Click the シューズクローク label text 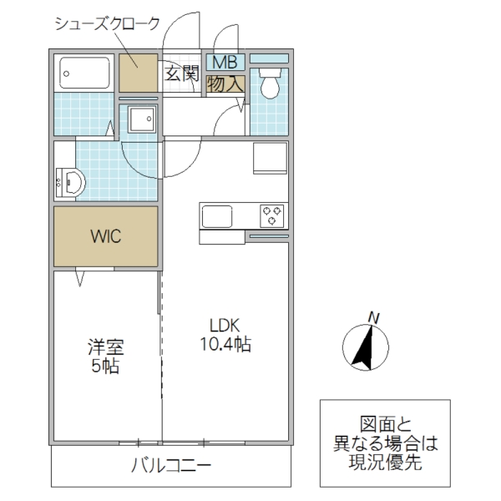[x=106, y=23]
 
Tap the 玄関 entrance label [x=180, y=73]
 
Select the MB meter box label [x=225, y=61]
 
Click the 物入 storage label [x=225, y=83]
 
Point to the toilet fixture [x=269, y=83]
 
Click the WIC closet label [x=106, y=236]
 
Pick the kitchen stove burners [x=272, y=215]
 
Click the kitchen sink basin [x=219, y=215]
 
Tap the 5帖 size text [x=106, y=366]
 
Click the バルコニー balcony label [x=170, y=466]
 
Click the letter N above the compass [x=375, y=316]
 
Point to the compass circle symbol [x=365, y=347]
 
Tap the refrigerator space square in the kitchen [x=270, y=157]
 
